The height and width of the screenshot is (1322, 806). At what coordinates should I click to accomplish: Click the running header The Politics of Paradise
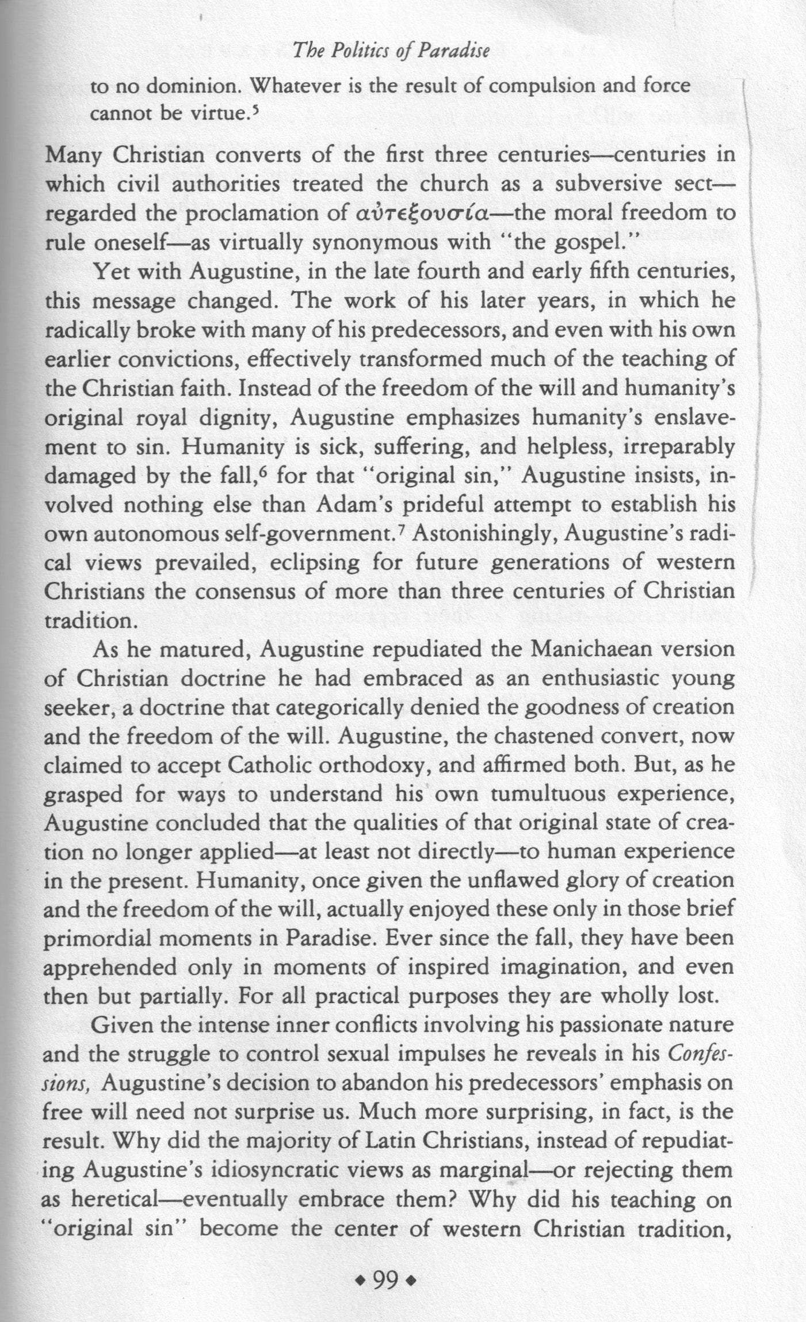click(391, 52)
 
